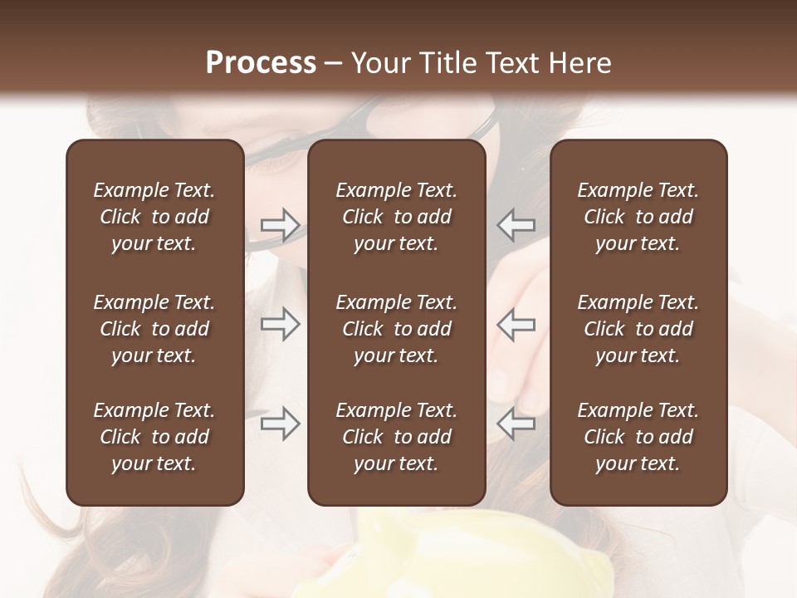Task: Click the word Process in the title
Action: click(x=261, y=62)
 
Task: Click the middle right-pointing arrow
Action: click(x=281, y=325)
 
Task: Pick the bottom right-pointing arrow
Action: click(x=281, y=424)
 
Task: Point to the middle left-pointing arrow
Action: click(x=516, y=325)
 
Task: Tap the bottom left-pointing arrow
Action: click(x=516, y=424)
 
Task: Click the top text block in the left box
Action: click(x=154, y=217)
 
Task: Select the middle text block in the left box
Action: click(x=154, y=329)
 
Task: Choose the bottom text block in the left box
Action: click(x=154, y=437)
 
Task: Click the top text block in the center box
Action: click(x=397, y=217)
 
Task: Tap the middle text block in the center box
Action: click(x=397, y=329)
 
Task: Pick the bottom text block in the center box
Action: click(x=397, y=437)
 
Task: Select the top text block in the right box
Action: click(x=638, y=217)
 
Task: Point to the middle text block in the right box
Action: click(x=638, y=329)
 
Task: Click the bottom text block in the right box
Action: click(x=638, y=437)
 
